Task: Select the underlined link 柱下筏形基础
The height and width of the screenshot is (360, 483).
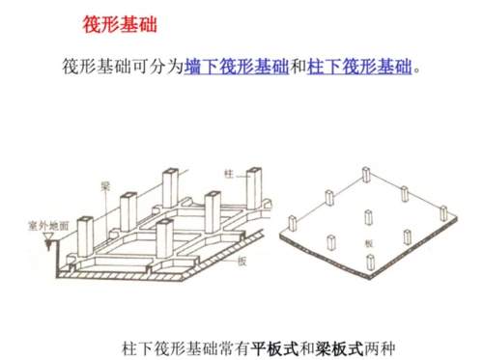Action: (359, 68)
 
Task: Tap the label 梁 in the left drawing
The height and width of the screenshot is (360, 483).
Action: (99, 184)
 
